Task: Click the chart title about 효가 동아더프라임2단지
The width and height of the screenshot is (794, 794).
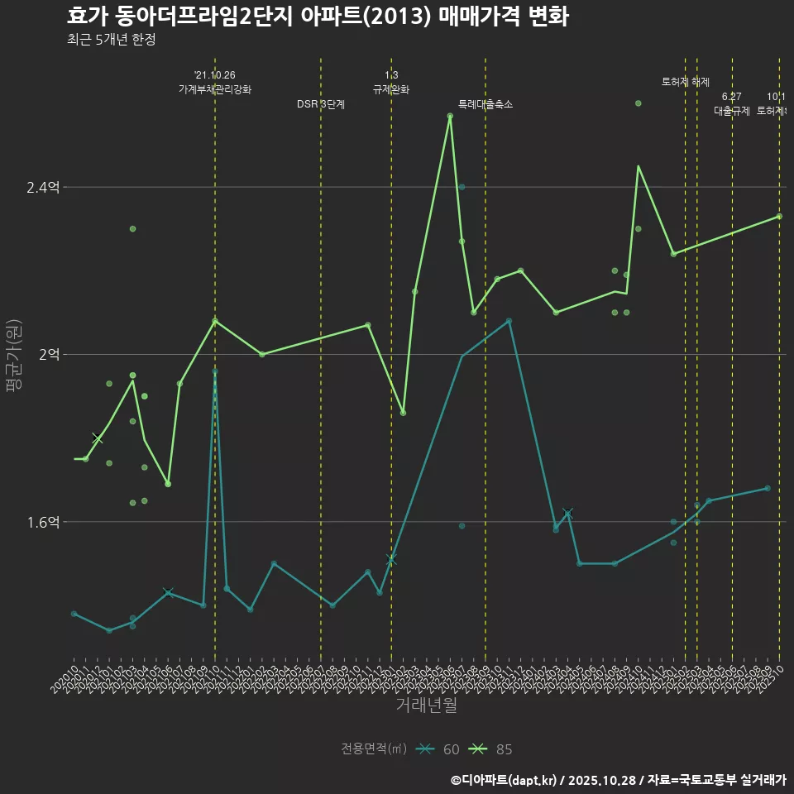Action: click(318, 17)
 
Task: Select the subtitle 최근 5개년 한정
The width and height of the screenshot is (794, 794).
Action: click(111, 40)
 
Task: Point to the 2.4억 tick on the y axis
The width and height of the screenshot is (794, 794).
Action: click(43, 188)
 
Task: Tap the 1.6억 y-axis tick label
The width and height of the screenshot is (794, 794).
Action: click(43, 522)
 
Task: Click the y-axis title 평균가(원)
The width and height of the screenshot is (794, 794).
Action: click(14, 355)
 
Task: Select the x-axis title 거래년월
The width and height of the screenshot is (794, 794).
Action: click(426, 706)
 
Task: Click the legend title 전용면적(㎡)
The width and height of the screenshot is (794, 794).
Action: click(373, 749)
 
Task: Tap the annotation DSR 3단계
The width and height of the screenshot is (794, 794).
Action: click(321, 105)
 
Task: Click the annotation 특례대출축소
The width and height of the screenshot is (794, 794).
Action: click(485, 105)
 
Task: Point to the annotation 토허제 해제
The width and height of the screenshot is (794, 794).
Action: click(686, 82)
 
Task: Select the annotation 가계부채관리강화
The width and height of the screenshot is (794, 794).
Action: click(215, 89)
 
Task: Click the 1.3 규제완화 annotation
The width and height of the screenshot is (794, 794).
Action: click(391, 83)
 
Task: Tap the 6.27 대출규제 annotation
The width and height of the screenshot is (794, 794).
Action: click(732, 104)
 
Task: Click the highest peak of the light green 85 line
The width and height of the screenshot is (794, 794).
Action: click(450, 117)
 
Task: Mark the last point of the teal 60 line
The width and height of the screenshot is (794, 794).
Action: click(768, 488)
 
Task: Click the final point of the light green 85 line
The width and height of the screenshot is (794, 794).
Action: click(779, 217)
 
